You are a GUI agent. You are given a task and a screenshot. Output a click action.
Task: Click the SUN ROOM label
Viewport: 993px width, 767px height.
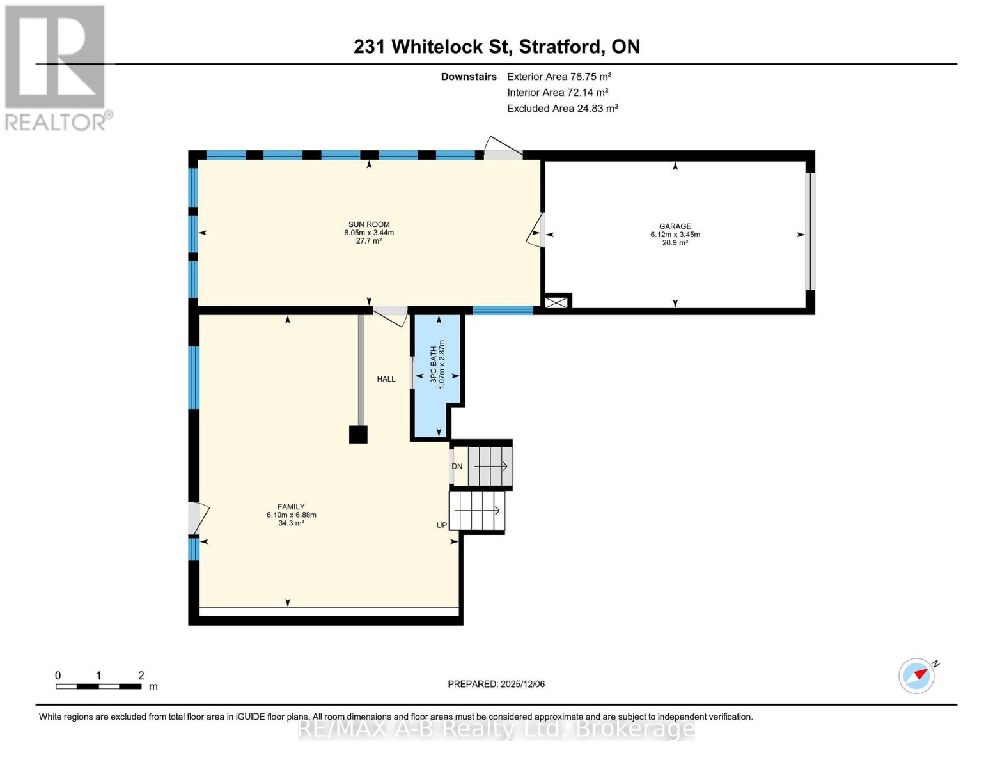point(369,224)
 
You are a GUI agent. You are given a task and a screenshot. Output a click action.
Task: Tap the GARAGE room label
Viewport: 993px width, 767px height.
point(675,226)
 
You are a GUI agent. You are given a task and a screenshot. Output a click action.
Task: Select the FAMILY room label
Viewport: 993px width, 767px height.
point(291,507)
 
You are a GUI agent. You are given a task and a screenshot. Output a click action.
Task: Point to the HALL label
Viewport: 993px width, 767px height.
point(386,379)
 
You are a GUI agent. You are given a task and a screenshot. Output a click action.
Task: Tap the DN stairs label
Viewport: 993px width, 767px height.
point(457,467)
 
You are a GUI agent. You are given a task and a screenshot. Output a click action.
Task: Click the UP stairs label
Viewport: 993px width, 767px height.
point(442,525)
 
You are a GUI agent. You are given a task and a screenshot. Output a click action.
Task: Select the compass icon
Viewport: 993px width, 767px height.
point(916,676)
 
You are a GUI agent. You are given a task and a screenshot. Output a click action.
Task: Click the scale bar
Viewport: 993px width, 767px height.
point(98,686)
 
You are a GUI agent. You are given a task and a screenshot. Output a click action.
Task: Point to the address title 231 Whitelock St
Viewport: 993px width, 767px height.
point(497,47)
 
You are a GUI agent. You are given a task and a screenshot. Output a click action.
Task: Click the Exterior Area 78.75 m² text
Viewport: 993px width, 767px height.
point(559,76)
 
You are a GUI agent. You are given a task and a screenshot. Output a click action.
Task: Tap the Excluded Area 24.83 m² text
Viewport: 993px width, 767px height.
point(563,109)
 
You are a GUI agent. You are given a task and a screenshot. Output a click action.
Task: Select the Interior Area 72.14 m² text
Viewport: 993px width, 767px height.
point(558,93)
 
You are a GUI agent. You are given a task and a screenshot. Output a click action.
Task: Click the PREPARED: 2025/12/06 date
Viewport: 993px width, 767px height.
point(496,684)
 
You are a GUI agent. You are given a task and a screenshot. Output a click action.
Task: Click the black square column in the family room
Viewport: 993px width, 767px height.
point(358,435)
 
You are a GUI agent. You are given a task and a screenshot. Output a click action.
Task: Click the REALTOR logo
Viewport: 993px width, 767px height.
point(56,68)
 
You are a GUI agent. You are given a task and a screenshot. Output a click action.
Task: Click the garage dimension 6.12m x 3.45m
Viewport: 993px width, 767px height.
point(675,235)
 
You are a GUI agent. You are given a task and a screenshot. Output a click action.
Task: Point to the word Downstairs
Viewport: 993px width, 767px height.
point(469,77)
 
